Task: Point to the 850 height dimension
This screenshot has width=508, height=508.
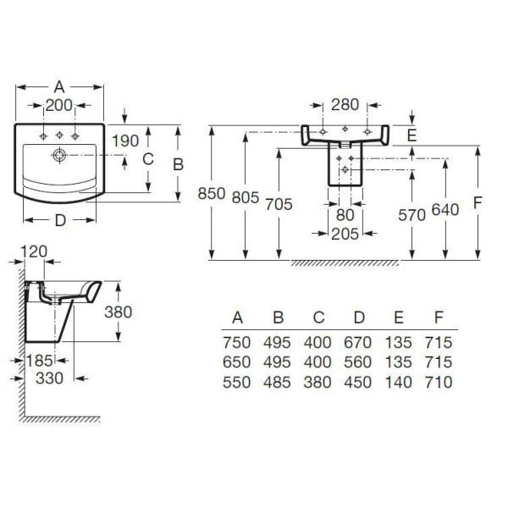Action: pyautogui.click(x=212, y=193)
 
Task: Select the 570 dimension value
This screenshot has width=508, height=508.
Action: pyautogui.click(x=411, y=214)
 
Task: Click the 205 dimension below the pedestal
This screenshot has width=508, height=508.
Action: pyautogui.click(x=344, y=234)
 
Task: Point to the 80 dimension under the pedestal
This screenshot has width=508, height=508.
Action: pyautogui.click(x=345, y=215)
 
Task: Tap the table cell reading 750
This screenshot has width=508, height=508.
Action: pyautogui.click(x=238, y=343)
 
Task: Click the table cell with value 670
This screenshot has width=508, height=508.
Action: pyautogui.click(x=358, y=343)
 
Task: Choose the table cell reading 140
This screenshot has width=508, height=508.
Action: pyautogui.click(x=398, y=382)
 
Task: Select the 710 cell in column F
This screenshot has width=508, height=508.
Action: pyautogui.click(x=438, y=382)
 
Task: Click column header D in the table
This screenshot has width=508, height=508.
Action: pyautogui.click(x=358, y=318)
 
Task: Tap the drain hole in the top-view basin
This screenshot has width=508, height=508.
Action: pyautogui.click(x=59, y=155)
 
